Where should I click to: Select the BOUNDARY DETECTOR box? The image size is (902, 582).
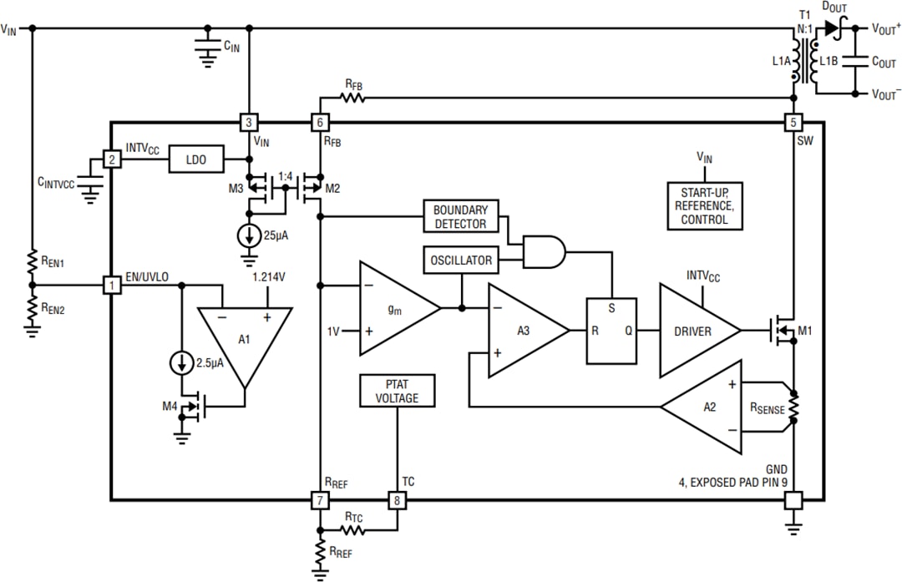pyautogui.click(x=460, y=216)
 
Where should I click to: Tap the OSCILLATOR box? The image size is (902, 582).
pyautogui.click(x=461, y=260)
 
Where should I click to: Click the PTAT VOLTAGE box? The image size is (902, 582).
pyautogui.click(x=397, y=391)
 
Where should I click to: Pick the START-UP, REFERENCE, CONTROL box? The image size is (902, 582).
pyautogui.click(x=704, y=205)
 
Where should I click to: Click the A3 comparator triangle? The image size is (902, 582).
pyautogui.click(x=524, y=331)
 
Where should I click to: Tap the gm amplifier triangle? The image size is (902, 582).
pyautogui.click(x=396, y=308)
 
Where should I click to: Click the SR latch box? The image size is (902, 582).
pyautogui.click(x=611, y=331)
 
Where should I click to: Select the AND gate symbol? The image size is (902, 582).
pyautogui.click(x=543, y=251)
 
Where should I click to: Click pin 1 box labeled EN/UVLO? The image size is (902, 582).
pyautogui.click(x=110, y=286)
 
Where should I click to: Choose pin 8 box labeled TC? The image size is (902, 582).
pyautogui.click(x=397, y=500)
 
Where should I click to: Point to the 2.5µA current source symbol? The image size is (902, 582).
pyautogui.click(x=179, y=363)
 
